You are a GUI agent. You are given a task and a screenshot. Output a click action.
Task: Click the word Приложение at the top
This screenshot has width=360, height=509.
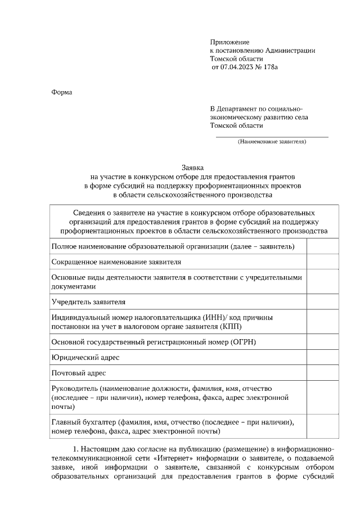coord(229,42)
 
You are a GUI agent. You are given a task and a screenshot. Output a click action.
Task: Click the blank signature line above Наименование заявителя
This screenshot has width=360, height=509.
coord(272,136)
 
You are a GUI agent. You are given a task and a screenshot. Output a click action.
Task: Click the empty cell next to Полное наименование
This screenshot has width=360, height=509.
coord(322,246)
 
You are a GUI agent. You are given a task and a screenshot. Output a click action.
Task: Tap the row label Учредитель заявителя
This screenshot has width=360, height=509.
coord(88,302)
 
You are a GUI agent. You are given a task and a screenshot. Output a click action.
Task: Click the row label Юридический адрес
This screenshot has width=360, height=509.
coord(85,358)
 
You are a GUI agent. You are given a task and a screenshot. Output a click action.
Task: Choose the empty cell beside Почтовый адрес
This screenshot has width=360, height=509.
coord(322,373)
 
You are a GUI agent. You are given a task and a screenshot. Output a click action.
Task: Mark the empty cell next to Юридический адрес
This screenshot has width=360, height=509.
coord(322,358)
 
